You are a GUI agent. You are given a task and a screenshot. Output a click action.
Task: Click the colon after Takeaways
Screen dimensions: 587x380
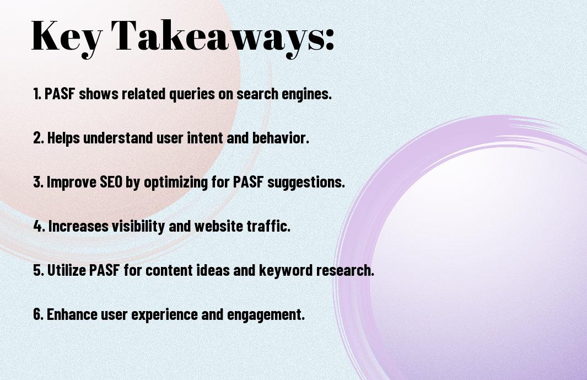pyautogui.click(x=329, y=39)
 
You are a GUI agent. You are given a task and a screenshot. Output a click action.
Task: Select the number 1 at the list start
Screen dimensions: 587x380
pyautogui.click(x=36, y=94)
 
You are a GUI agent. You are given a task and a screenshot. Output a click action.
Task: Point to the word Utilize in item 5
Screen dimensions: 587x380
pyautogui.click(x=67, y=270)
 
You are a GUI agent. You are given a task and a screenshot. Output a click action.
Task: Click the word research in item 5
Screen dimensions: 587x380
pyautogui.click(x=345, y=270)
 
